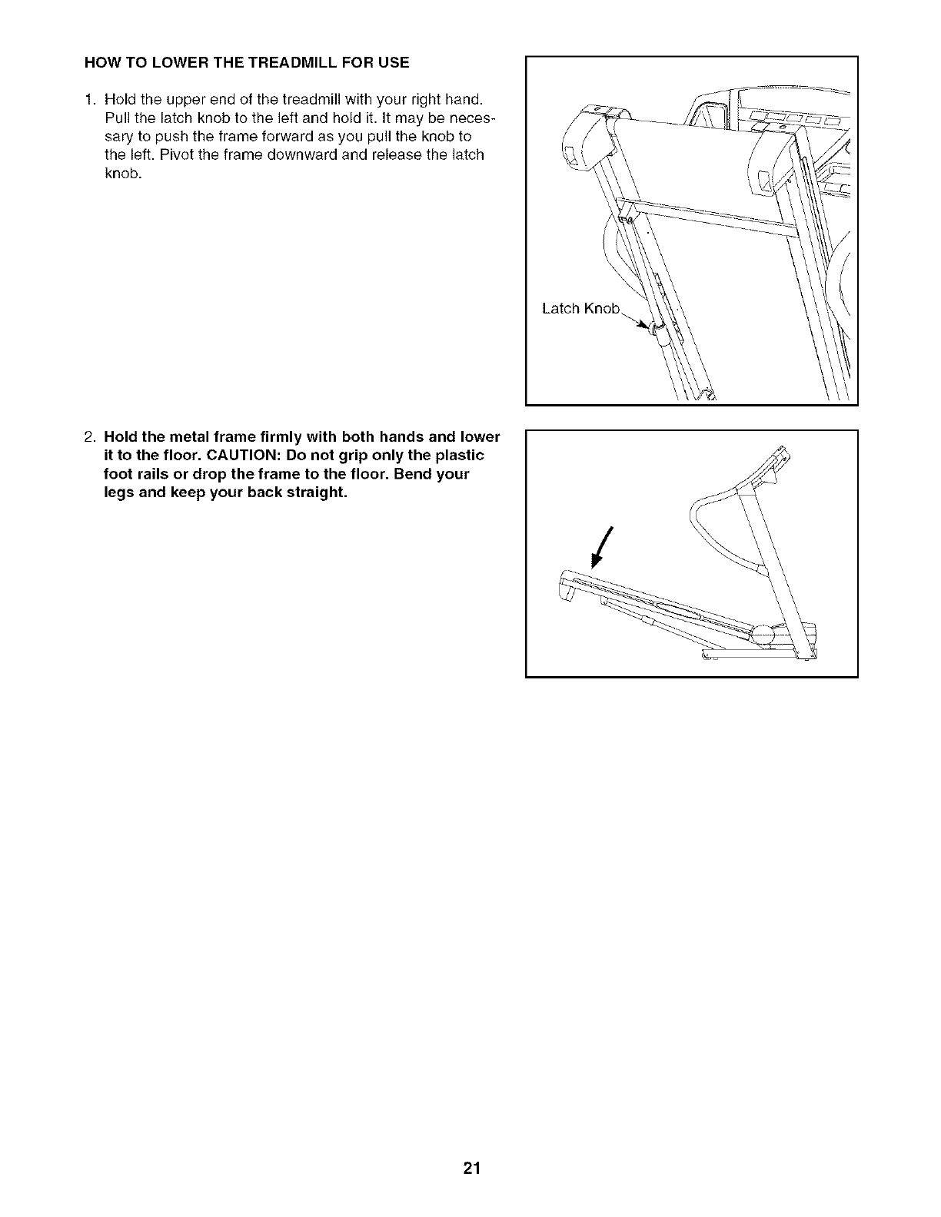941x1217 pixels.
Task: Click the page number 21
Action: point(471,1169)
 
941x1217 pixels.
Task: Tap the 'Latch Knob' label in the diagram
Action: point(580,309)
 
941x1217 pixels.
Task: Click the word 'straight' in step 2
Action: point(312,492)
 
